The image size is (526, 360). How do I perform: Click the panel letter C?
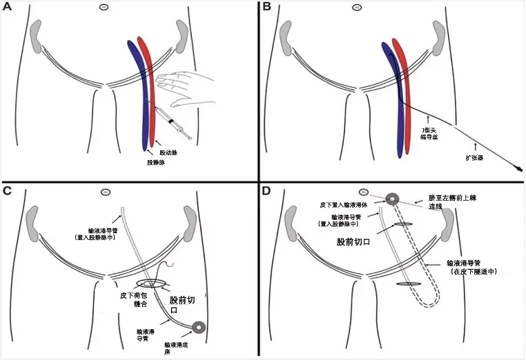(8, 191)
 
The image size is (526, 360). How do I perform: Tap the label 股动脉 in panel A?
(168, 152)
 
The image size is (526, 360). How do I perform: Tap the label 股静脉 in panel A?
(156, 163)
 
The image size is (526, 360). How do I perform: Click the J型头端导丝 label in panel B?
(429, 133)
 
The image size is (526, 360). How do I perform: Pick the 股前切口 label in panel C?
(183, 306)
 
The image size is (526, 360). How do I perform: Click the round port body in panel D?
(393, 199)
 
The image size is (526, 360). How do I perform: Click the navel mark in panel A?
(104, 8)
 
